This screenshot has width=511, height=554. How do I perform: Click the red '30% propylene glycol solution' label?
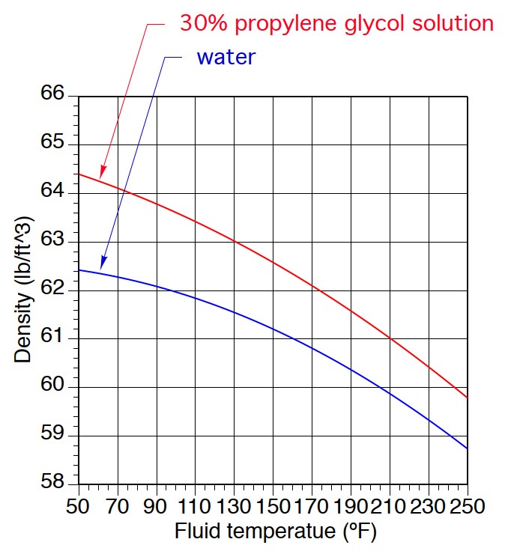[x=336, y=23]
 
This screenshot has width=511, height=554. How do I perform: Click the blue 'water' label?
[x=226, y=56]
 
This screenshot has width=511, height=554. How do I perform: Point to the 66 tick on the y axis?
[x=55, y=96]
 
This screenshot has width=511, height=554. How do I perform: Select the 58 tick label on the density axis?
[x=55, y=484]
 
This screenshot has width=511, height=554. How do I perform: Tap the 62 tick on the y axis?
[x=55, y=290]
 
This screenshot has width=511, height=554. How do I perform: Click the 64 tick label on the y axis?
[x=55, y=193]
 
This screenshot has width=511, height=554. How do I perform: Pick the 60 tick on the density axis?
[x=55, y=387]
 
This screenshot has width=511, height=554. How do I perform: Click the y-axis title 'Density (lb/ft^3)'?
[x=23, y=290]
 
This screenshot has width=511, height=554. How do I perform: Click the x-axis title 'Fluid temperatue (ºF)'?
[x=275, y=532]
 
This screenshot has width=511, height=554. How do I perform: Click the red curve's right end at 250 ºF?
[x=468, y=397]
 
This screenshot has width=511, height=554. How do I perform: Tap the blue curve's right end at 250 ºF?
[x=468, y=448]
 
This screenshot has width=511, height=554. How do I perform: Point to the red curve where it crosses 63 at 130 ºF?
[x=234, y=241]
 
